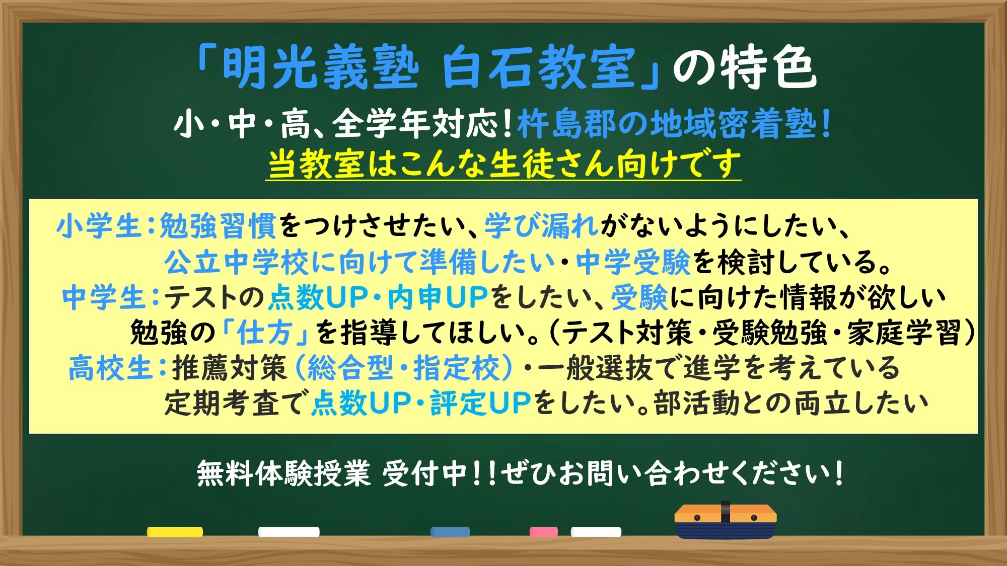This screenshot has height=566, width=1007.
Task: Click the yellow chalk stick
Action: point(175,532)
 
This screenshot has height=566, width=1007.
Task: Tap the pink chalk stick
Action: point(544,532)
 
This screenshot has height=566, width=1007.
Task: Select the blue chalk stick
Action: point(450,532)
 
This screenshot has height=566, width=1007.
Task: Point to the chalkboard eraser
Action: point(725,521)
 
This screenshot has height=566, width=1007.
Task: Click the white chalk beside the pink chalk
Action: point(596,532)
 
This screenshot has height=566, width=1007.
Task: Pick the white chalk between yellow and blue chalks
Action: point(289,532)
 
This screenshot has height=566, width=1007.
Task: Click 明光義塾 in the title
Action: point(320,67)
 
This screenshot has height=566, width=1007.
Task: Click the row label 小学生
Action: point(99,226)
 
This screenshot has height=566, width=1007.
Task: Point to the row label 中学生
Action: point(104,297)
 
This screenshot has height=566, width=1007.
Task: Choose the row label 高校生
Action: point(110,368)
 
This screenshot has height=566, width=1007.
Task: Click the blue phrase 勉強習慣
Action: point(218,226)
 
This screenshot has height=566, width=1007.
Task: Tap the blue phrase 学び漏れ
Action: point(542,226)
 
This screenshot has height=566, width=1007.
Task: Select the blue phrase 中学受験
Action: point(633,262)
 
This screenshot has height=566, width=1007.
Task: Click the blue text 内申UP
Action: point(438,297)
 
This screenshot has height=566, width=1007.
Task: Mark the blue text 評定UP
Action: point(481,403)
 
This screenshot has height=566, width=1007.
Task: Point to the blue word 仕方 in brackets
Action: point(265,333)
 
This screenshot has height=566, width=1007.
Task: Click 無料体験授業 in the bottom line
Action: point(283,473)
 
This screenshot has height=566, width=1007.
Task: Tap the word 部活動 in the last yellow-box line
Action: point(696,403)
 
